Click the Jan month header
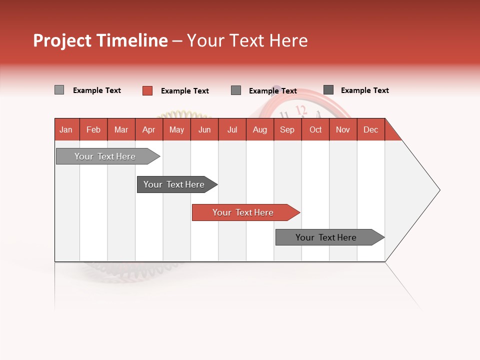tap(66, 129)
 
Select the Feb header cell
tap(93, 129)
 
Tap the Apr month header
tap(148, 129)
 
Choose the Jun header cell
tap(204, 129)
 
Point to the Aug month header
tap(259, 129)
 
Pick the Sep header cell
tap(287, 129)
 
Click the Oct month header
tap(315, 129)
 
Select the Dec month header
tap(370, 129)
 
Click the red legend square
tap(147, 90)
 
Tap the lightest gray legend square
tap(59, 90)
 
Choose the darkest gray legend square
tap(328, 90)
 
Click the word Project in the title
tap(62, 40)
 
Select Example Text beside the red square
tap(184, 91)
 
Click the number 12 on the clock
tap(301, 110)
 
